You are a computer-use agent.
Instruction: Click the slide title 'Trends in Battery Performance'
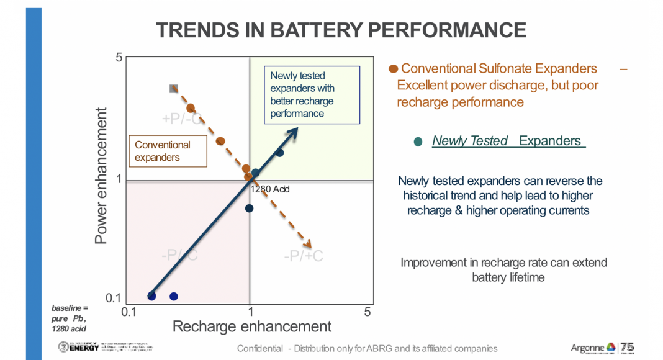(341, 29)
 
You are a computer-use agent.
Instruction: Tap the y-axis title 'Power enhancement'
(102, 176)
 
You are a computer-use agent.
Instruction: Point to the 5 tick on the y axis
(119, 58)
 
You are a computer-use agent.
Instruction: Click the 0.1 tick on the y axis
(113, 297)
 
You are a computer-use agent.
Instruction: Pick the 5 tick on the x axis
(368, 312)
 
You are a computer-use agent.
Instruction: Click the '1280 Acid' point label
(270, 189)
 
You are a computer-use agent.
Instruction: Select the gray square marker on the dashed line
(174, 89)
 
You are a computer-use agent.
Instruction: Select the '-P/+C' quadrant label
(304, 255)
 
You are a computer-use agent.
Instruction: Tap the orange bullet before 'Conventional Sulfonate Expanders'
(393, 69)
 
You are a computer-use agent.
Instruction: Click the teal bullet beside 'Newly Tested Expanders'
(418, 142)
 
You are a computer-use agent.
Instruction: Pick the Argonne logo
(593, 348)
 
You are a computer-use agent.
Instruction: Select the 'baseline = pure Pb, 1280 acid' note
(70, 318)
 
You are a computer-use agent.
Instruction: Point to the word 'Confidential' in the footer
(259, 348)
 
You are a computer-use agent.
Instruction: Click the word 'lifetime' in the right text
(526, 277)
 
